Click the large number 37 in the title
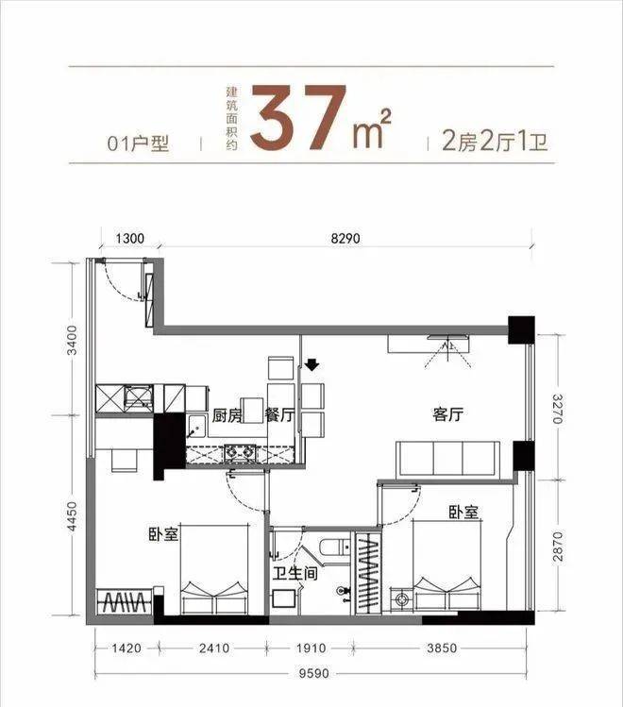click(x=298, y=117)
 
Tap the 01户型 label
click(x=138, y=143)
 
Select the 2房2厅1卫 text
click(x=495, y=142)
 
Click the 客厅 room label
click(x=447, y=414)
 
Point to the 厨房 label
click(x=227, y=415)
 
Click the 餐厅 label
click(x=279, y=415)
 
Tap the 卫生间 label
click(x=295, y=573)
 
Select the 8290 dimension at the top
click(x=345, y=238)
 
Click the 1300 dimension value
click(x=130, y=238)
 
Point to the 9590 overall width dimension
click(x=314, y=674)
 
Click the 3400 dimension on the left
click(x=72, y=339)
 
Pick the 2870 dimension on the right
click(x=558, y=546)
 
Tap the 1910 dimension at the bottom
click(x=311, y=648)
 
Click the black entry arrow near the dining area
click(x=311, y=364)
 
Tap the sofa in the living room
click(x=447, y=460)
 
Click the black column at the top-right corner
click(x=522, y=330)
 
